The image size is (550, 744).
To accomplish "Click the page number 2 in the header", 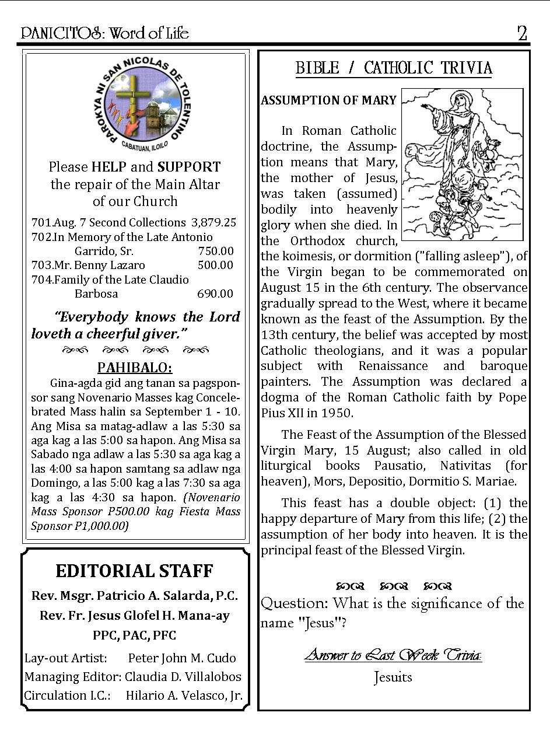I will coord(522,33).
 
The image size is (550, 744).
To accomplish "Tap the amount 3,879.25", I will coord(213,222).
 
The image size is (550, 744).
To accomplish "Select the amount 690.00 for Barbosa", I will coord(215,294).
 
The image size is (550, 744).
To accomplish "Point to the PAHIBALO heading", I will coord(135,368).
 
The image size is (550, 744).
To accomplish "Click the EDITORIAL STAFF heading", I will coord(135,571).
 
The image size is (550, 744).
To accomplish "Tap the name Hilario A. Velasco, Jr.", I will coord(184,696).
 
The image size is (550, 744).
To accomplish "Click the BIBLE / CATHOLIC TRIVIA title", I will coord(394,68).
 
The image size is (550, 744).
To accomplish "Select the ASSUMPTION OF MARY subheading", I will coord(328,100).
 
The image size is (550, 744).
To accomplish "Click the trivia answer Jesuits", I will coord(393,677).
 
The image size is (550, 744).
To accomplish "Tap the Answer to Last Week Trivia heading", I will coord(393,655).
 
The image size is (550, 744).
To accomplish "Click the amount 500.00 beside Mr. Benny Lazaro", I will coord(215,265).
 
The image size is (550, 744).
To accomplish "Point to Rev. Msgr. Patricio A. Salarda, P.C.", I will coord(135,596).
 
